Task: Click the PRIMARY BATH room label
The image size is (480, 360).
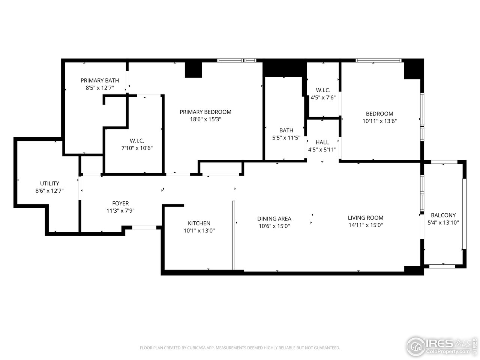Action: coord(100,80)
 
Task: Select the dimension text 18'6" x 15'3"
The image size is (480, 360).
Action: coord(205,119)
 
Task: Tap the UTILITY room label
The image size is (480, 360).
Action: coord(49,183)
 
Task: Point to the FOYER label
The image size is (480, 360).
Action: coord(120,204)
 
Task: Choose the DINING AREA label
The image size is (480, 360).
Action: coord(274,219)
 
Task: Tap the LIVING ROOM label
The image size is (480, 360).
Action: coord(365,217)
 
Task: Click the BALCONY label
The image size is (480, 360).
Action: coord(443,215)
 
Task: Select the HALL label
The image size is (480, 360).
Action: coord(322,142)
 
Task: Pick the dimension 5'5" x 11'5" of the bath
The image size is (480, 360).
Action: coord(286,138)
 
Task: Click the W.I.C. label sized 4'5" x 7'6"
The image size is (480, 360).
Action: coord(323,90)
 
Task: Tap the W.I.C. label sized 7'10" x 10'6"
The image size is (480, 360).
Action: coord(137,141)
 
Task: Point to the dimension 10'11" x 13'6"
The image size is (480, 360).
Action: coord(379,121)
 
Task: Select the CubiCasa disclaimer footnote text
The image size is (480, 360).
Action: coord(240,348)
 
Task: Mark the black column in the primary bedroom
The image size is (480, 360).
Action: coord(193,70)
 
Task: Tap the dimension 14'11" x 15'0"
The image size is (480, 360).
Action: coord(365,225)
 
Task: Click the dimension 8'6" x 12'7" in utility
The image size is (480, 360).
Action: coord(49,191)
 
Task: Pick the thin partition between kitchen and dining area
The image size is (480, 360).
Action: coord(233,235)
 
